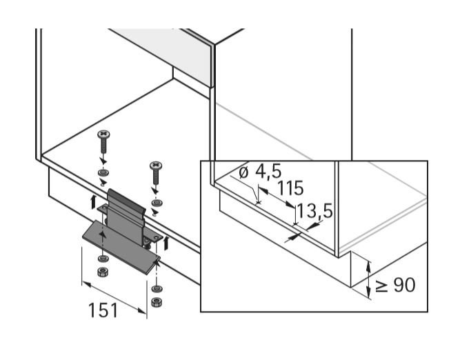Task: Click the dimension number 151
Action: click(103, 310)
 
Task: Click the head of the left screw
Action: click(104, 134)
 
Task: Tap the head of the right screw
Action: click(156, 166)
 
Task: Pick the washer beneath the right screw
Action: click(156, 203)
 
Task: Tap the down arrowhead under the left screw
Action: click(103, 160)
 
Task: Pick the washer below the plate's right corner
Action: click(157, 288)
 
